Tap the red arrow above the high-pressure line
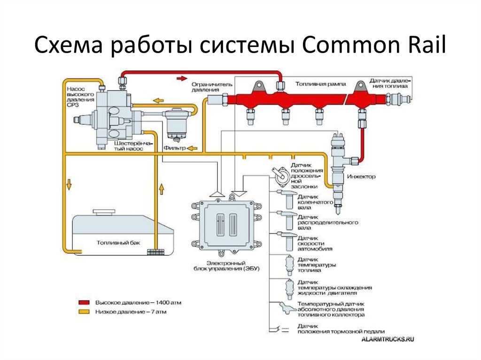coord(182,78)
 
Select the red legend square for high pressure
coord(84,302)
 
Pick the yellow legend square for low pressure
coord(84,312)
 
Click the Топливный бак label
coord(118,243)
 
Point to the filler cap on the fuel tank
coord(104,212)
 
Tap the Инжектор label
coord(361,176)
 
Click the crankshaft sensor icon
coord(287,199)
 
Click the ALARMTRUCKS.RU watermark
coord(388,339)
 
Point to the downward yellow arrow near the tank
coord(69,184)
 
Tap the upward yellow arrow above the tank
coord(162,188)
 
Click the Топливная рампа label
coord(320,84)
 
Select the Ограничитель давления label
coord(212,87)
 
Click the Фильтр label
coord(175,148)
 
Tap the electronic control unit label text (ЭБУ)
coord(227,266)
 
